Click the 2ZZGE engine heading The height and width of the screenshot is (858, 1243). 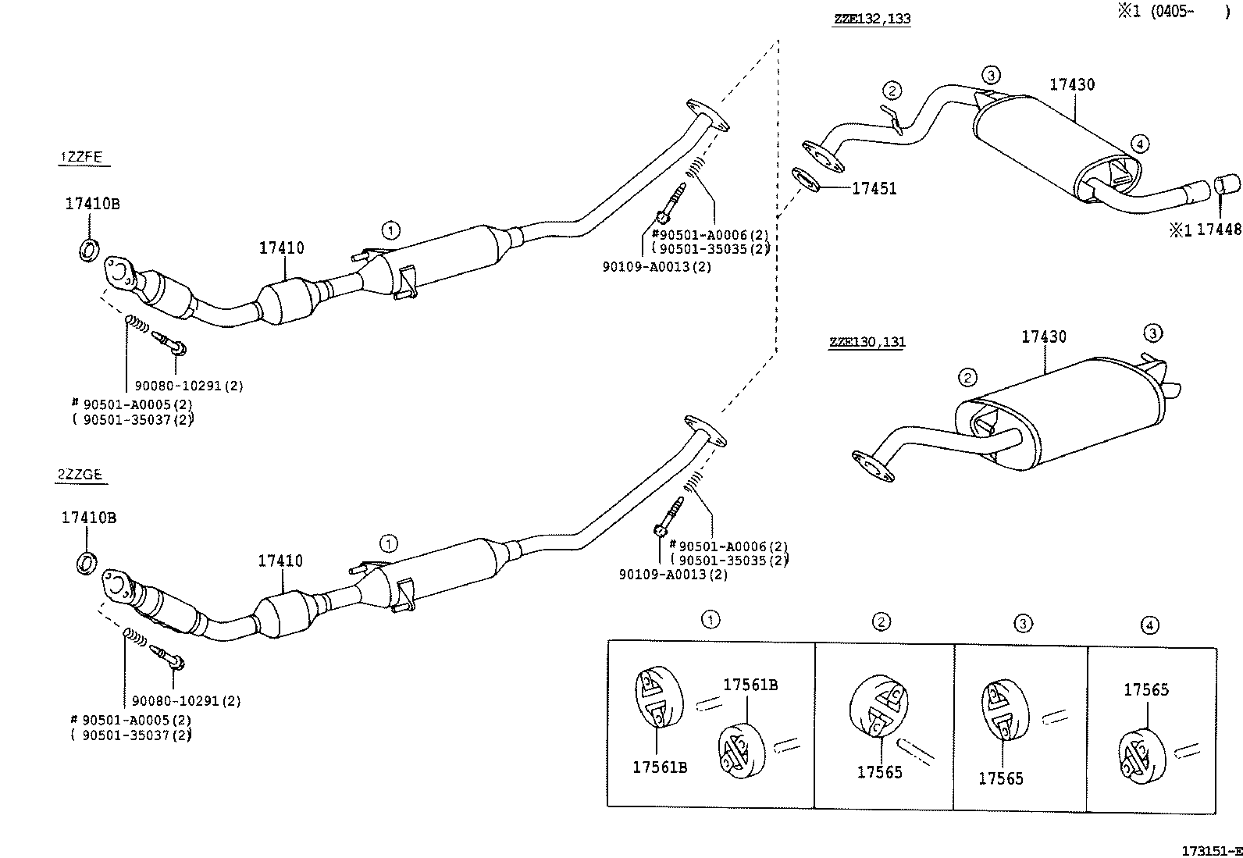click(80, 474)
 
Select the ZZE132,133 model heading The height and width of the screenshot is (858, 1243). click(871, 19)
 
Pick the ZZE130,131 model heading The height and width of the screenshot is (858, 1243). click(867, 342)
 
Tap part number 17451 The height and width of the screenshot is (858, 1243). click(874, 188)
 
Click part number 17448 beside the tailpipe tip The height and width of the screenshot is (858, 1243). click(1219, 230)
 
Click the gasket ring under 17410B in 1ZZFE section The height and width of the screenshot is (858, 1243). click(89, 251)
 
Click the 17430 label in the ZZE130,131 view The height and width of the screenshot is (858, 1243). click(1044, 336)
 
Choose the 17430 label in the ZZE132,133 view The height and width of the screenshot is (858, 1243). click(1071, 84)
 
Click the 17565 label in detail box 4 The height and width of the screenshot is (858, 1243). click(1146, 689)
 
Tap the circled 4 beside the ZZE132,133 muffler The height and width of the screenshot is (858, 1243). click(1139, 143)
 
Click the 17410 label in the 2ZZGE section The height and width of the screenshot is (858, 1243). click(280, 561)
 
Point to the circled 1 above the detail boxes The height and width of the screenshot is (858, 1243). click(710, 620)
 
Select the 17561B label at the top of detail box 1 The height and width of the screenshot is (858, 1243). click(750, 685)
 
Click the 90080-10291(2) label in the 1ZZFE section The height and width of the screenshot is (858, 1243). click(189, 386)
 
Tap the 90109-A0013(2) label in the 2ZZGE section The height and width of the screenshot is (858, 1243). click(673, 575)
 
